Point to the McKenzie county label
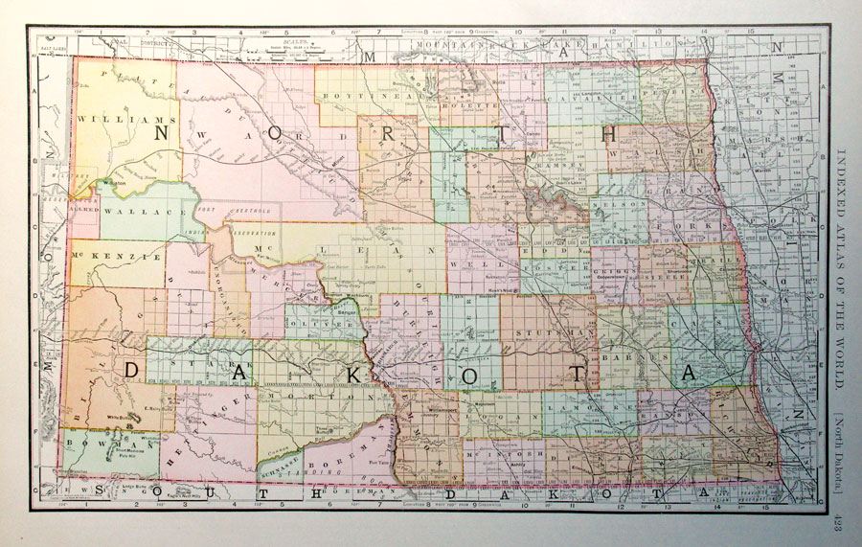click(103, 257)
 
